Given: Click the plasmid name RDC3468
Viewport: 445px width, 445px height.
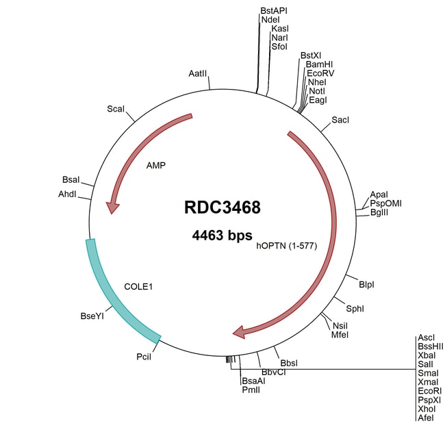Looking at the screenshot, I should (x=222, y=207).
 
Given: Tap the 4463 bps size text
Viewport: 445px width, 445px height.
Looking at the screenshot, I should (x=222, y=236).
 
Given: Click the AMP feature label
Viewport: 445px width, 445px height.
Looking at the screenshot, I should (x=156, y=166).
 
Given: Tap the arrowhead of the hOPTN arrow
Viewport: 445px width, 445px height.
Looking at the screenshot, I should (x=241, y=332).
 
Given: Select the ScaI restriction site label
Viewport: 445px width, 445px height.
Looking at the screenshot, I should (x=116, y=109).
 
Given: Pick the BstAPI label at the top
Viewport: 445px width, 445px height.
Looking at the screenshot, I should (x=273, y=11).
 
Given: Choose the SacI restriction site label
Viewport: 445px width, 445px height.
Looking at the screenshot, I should (x=340, y=120).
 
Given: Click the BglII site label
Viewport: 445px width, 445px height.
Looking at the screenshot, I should (x=380, y=212).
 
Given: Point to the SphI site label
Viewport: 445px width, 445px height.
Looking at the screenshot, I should (x=355, y=309).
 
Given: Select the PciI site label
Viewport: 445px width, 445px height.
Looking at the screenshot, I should (x=144, y=357).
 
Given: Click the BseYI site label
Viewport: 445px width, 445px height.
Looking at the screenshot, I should (x=92, y=316).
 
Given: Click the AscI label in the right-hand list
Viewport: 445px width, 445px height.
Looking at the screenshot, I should (x=425, y=338).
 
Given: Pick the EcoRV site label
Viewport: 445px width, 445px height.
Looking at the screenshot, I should (x=320, y=73).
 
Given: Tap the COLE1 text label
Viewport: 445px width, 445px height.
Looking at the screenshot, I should (x=138, y=286).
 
